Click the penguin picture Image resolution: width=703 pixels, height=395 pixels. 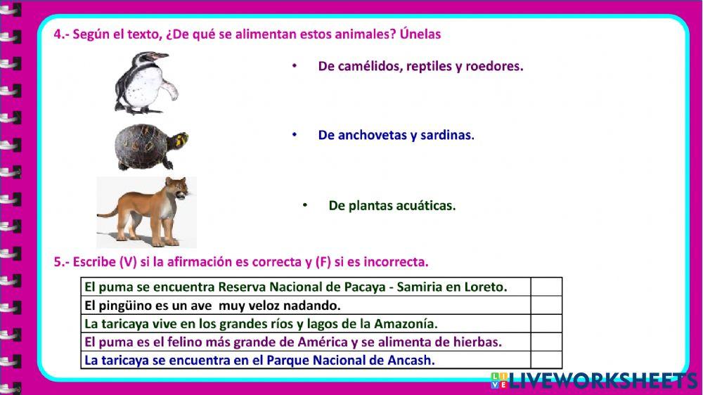146,83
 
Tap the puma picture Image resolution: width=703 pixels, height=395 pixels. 146,211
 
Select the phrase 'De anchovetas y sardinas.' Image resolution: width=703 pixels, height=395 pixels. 396,135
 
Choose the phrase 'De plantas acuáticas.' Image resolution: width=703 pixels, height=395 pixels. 392,206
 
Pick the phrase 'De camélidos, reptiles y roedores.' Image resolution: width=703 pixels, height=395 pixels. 420,66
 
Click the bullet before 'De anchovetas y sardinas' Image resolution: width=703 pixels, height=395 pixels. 295,134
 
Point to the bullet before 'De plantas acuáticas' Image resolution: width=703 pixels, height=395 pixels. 305,205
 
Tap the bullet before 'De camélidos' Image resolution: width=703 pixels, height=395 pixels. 295,65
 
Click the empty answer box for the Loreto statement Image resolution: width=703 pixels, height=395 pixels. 546,287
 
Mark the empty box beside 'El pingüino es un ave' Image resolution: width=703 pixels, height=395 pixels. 546,305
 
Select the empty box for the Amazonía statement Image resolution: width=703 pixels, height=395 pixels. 546,323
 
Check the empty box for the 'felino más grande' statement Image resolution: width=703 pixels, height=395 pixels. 546,342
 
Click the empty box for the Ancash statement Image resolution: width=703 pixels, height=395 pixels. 546,360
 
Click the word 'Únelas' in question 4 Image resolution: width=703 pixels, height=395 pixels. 420,34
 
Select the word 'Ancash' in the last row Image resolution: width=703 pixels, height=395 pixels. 412,360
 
